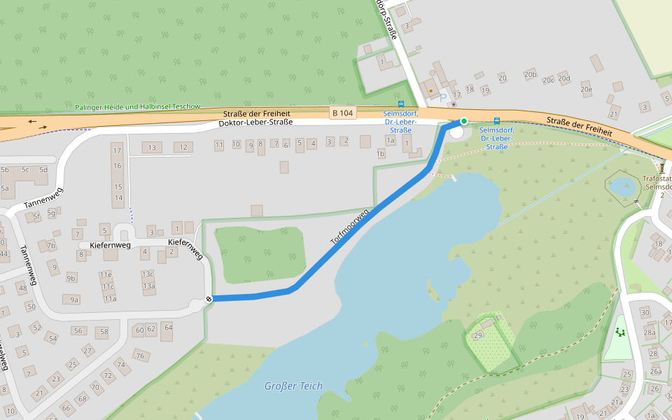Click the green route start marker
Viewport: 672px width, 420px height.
(x=463, y=121)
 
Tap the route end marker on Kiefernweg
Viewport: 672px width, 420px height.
(x=209, y=300)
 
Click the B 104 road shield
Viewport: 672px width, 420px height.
(x=343, y=113)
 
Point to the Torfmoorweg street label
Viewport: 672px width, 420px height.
(x=349, y=227)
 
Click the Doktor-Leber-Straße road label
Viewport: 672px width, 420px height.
(x=256, y=122)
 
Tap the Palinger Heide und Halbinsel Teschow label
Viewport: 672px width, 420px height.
(x=137, y=107)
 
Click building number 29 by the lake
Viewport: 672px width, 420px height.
(x=479, y=336)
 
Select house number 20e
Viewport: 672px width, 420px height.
(x=587, y=89)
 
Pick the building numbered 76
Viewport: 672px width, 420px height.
(x=139, y=356)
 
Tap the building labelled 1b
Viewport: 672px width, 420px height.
(x=381, y=153)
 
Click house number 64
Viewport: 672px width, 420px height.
(x=168, y=328)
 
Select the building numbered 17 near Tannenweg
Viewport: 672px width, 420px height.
(x=117, y=150)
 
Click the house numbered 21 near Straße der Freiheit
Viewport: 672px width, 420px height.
(x=615, y=114)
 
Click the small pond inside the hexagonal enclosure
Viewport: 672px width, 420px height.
(x=622, y=187)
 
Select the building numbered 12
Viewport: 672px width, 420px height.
(x=183, y=147)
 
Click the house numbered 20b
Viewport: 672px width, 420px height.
(x=530, y=74)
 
